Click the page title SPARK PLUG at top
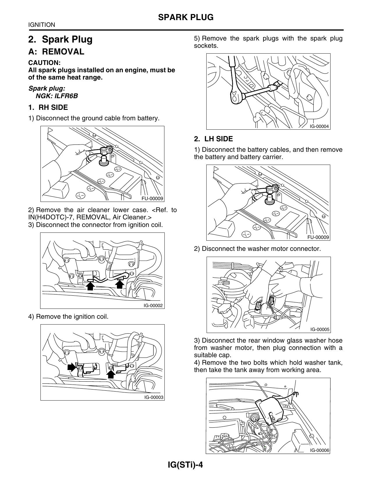tap(186, 17)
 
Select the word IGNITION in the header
tap(42, 25)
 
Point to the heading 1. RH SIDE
tap(48, 108)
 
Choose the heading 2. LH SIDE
tap(213, 139)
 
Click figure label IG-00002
tap(153, 306)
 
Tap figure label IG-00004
tap(319, 126)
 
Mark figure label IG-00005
tap(319, 330)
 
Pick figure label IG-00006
tap(319, 450)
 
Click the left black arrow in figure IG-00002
tap(90, 286)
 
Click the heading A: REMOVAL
tap(56, 52)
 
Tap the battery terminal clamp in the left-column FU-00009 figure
tap(106, 150)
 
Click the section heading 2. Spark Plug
tap(60, 39)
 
